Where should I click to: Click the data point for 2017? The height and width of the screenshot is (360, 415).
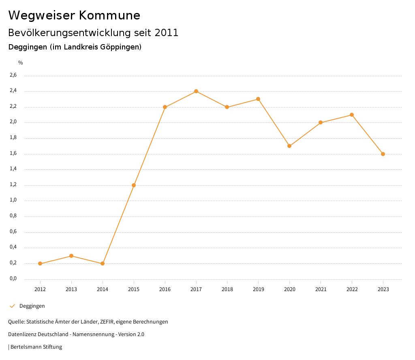196,91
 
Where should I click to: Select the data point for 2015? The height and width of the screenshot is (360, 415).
134,185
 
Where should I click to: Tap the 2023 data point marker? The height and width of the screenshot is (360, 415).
383,154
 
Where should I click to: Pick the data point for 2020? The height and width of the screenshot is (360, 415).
289,146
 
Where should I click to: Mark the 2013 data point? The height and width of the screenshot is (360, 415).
71,256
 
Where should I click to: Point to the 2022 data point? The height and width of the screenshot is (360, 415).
352,115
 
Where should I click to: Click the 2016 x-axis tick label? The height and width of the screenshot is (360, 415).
165,289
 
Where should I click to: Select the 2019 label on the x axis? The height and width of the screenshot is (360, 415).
258,289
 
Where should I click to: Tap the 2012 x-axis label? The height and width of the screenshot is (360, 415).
40,289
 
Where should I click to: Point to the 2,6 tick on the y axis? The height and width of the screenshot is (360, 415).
13,75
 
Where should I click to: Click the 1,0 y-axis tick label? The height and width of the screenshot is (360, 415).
13,200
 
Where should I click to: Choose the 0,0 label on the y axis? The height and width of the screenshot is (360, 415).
13,279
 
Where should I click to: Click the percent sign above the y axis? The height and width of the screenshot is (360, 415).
21,63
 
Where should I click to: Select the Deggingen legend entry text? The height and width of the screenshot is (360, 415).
32,306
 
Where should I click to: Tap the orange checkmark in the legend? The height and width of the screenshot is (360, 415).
12,306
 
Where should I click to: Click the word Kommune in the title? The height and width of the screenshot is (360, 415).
109,15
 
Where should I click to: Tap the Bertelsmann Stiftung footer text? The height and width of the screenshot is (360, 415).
36,347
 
